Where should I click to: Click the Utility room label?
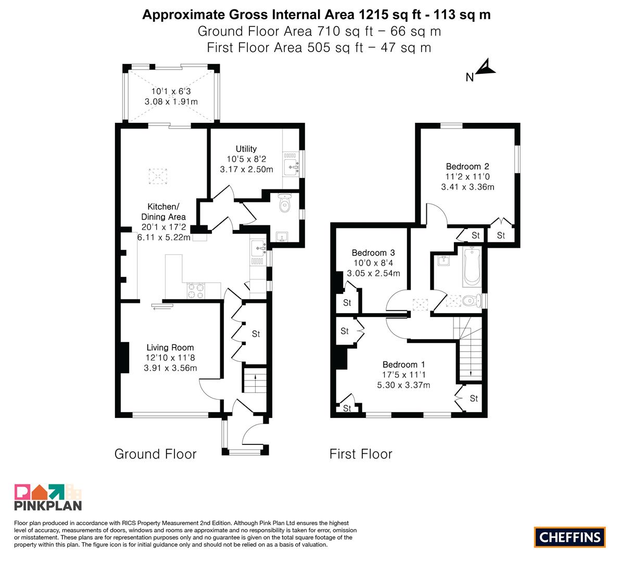click(246, 149)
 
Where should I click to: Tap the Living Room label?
click(170, 348)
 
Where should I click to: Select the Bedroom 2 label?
click(467, 167)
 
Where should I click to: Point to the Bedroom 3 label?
click(373, 253)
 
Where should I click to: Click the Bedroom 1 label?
click(403, 365)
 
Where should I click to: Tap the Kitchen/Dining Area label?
click(163, 211)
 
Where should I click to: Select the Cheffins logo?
click(570, 537)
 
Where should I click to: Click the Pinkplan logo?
click(48, 497)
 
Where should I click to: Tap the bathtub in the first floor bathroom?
click(472, 267)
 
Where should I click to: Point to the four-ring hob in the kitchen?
click(197, 291)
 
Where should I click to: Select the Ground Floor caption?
click(156, 454)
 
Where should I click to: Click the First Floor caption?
click(361, 454)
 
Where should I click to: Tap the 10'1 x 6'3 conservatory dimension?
click(171, 91)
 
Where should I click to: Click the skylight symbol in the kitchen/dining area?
click(158, 176)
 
